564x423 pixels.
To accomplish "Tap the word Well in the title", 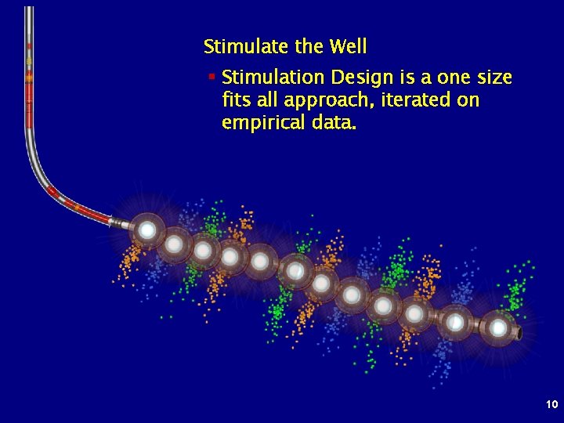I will tap(348, 47).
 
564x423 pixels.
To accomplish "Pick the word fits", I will tap(237, 101).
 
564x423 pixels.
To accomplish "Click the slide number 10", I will tap(551, 404).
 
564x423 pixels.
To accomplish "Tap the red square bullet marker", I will tap(211, 77).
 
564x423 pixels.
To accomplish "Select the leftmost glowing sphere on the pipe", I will tap(146, 230).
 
